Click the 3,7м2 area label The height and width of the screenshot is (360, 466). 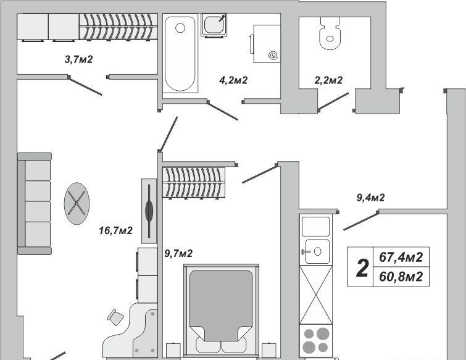[x=79, y=59]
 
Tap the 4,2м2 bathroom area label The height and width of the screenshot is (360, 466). [x=233, y=80]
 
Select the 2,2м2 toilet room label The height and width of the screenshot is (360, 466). [x=328, y=80]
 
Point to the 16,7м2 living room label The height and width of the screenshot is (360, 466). [x=115, y=230]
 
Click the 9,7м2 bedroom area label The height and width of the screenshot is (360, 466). [x=178, y=253]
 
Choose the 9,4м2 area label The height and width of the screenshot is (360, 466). [x=370, y=198]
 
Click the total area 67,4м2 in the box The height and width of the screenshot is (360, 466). [x=401, y=257]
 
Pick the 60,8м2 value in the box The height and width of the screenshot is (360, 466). [x=401, y=277]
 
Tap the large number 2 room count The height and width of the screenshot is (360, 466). [x=362, y=268]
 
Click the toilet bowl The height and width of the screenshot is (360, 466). [x=330, y=33]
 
